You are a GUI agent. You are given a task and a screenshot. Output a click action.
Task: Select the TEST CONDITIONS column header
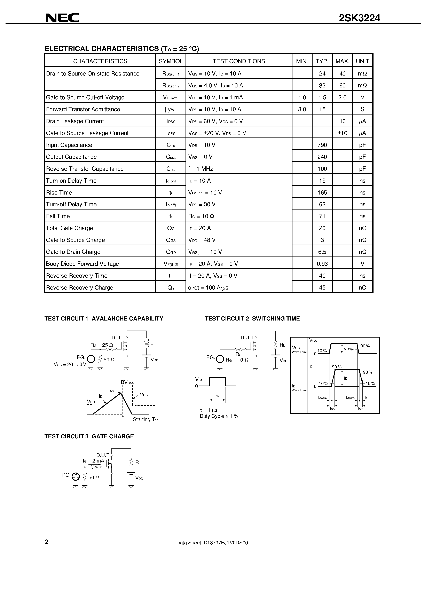(239, 61)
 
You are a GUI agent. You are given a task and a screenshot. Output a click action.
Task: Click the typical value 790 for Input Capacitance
(322, 145)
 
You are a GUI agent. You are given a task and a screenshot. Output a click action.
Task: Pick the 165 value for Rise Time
(322, 193)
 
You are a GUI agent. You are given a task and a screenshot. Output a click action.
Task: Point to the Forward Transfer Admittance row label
(83, 109)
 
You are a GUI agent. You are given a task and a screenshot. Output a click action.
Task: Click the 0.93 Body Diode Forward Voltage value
(322, 264)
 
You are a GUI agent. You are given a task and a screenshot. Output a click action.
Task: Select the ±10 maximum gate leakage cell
(342, 133)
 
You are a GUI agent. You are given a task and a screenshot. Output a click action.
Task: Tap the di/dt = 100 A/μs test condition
(208, 288)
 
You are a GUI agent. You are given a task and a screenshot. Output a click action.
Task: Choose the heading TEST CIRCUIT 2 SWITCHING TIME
(252, 318)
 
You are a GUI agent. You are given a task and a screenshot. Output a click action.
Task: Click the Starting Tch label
(145, 419)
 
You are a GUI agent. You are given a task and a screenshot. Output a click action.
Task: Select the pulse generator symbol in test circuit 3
(76, 477)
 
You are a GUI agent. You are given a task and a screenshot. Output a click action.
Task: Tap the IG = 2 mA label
(94, 461)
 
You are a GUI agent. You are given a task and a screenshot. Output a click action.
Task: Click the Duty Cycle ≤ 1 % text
(219, 416)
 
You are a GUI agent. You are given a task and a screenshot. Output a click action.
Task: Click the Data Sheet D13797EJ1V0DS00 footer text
(212, 543)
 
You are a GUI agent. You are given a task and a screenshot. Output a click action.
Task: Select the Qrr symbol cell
(171, 288)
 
